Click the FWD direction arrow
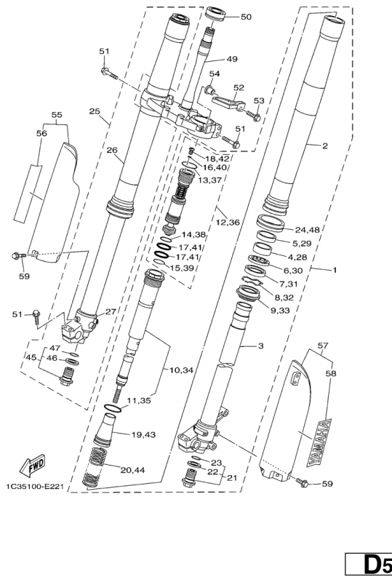coord(32,466)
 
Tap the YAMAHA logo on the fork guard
coord(319,442)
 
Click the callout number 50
coord(246,17)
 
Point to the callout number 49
coord(232,59)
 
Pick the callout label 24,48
coord(308,230)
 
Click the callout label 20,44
coord(132,470)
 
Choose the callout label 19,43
coord(143,434)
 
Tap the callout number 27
coord(111,311)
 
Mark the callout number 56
coord(41,133)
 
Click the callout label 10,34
coord(181,370)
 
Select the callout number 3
coord(260,346)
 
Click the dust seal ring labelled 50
coord(216,14)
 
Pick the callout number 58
coord(331,373)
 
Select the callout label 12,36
coord(228,223)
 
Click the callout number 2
coord(325,145)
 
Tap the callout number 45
coord(31,357)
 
